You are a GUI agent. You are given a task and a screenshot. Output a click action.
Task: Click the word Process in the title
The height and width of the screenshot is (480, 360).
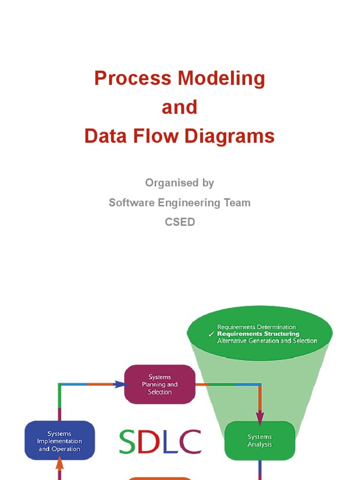pyautogui.click(x=126, y=78)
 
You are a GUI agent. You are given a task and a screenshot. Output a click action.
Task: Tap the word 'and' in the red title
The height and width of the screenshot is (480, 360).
pyautogui.click(x=180, y=107)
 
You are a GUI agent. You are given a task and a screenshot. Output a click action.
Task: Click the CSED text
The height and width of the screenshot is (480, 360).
pyautogui.click(x=180, y=222)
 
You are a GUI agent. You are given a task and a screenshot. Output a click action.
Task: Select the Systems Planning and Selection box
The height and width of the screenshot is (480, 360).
pyautogui.click(x=160, y=384)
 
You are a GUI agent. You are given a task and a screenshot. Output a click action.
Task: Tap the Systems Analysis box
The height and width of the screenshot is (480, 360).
pyautogui.click(x=260, y=441)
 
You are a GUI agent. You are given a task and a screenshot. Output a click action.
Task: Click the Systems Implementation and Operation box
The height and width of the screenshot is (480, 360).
pyautogui.click(x=60, y=441)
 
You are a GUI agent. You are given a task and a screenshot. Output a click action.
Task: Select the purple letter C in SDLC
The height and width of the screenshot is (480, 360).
pyautogui.click(x=191, y=442)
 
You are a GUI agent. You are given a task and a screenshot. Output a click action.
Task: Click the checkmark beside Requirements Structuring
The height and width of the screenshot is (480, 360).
pyautogui.click(x=211, y=334)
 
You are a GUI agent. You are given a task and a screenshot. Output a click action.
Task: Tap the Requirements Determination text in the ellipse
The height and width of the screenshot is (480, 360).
pyautogui.click(x=256, y=327)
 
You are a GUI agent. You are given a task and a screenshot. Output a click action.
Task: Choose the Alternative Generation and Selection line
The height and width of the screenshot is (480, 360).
pyautogui.click(x=267, y=341)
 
